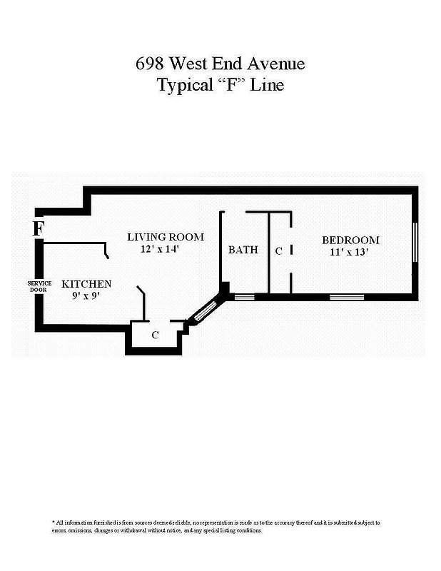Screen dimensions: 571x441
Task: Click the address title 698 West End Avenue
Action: tap(220, 64)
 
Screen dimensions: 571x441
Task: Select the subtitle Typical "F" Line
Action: tap(220, 85)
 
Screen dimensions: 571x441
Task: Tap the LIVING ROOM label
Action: tap(166, 237)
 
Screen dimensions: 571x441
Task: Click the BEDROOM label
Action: tap(350, 240)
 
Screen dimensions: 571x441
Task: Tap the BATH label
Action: tap(243, 250)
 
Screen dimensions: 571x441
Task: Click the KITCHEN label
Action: tap(86, 283)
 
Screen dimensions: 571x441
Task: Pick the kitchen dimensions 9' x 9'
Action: tap(85, 295)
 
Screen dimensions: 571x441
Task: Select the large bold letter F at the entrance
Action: tap(39, 228)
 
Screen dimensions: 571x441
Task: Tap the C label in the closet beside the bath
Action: tap(279, 251)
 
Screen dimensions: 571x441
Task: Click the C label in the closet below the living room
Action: tap(155, 334)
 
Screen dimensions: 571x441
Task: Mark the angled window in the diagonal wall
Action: tap(205, 311)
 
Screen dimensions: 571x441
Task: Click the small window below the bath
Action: tap(245, 296)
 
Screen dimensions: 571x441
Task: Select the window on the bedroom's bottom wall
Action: tap(347, 296)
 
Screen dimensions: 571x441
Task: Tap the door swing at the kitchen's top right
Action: tap(106, 251)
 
